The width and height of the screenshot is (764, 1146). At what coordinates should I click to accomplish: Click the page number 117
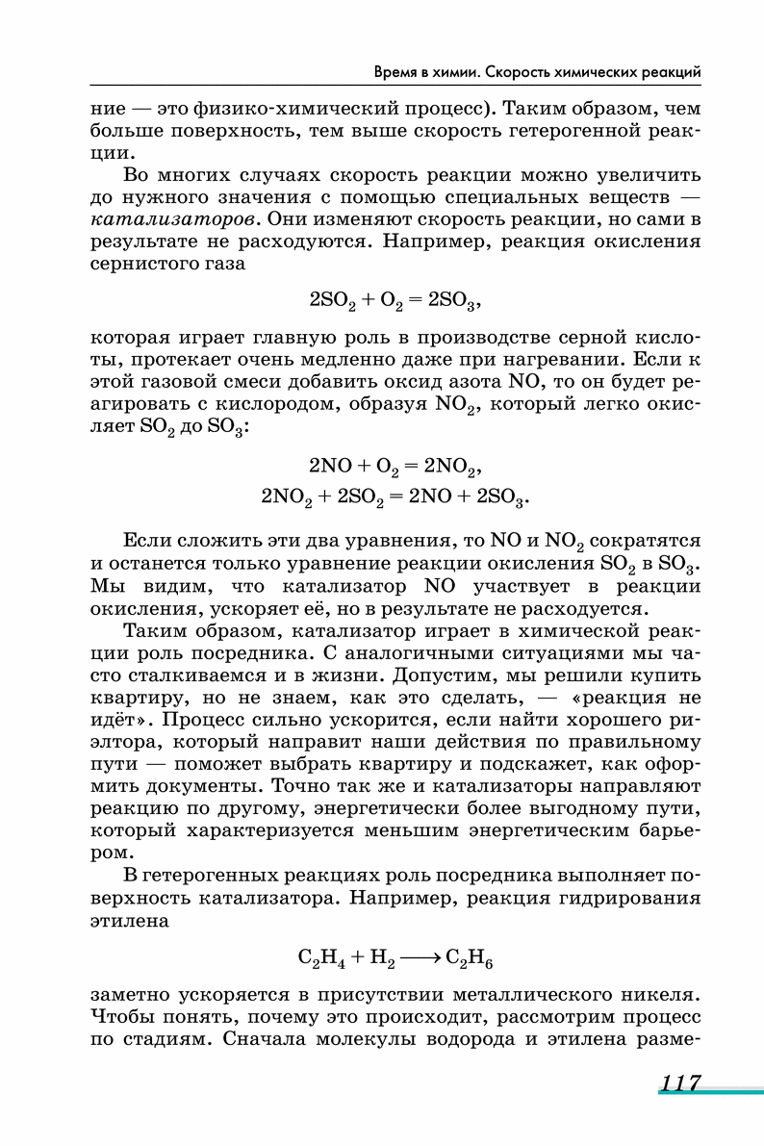tap(679, 1083)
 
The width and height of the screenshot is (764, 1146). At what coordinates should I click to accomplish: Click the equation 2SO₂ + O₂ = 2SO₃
tap(395, 300)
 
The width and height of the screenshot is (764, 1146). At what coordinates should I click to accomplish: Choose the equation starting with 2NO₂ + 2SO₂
tap(395, 497)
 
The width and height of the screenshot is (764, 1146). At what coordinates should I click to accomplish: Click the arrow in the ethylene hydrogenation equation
tap(416, 958)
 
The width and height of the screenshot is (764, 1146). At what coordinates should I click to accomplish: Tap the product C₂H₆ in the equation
tap(471, 959)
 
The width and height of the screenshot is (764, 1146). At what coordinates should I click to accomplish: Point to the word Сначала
tap(280, 1038)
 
